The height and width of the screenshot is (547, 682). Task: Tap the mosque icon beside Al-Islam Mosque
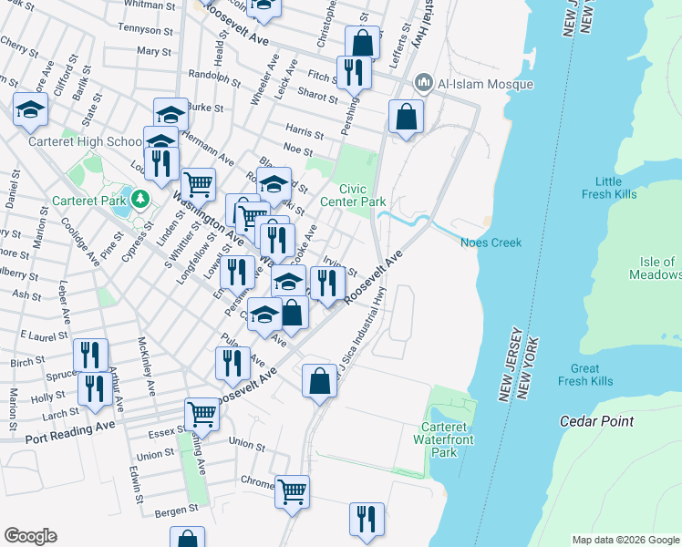tap(423, 84)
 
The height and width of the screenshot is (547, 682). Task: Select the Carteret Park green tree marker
tap(139, 198)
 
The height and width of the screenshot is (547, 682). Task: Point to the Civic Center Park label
tap(362, 193)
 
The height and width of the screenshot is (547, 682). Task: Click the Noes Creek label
tap(491, 243)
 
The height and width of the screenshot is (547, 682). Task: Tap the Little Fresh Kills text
tap(621, 189)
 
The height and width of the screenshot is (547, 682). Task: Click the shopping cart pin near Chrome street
tap(292, 492)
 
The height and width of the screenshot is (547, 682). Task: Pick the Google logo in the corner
tap(30, 536)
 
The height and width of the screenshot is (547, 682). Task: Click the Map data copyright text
tap(625, 540)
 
